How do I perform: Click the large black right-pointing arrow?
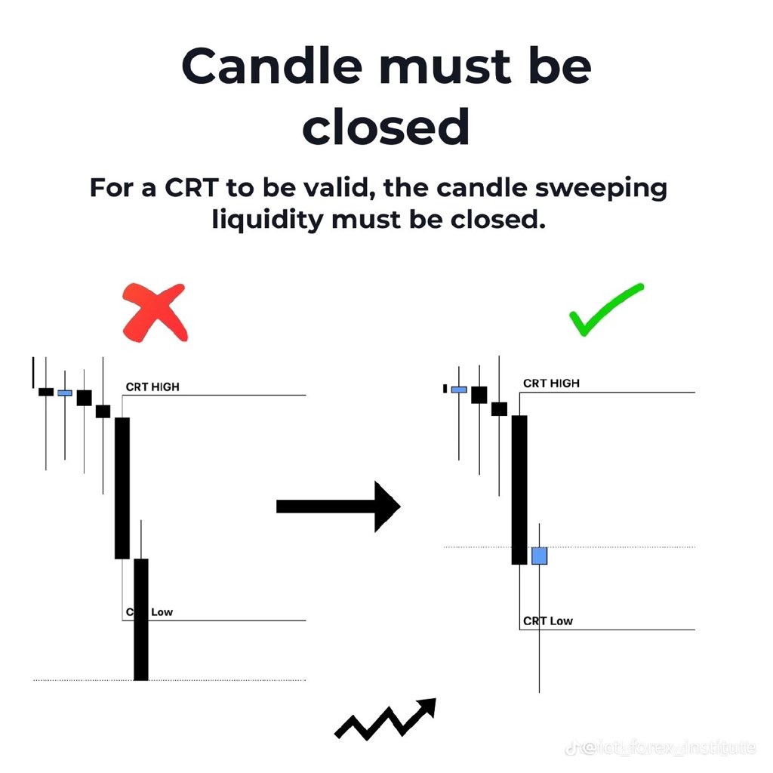[337, 506]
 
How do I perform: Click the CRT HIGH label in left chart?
[152, 387]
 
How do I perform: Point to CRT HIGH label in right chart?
[551, 383]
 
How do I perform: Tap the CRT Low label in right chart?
[547, 621]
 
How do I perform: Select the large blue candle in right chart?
[539, 556]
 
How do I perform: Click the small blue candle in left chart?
[65, 393]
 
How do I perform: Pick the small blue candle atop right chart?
[459, 390]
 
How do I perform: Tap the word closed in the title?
[386, 126]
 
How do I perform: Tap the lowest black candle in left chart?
[141, 619]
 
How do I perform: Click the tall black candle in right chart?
[519, 489]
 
